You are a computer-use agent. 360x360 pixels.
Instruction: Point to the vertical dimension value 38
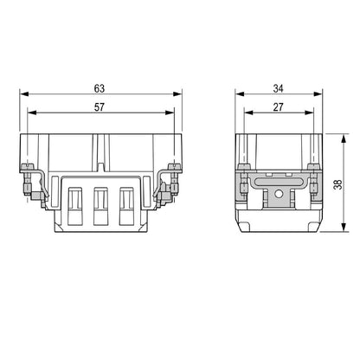click(x=337, y=183)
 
